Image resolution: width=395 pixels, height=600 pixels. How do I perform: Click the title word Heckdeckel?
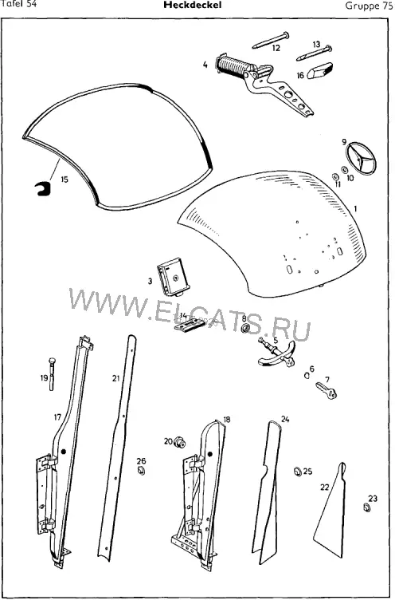coord(192,5)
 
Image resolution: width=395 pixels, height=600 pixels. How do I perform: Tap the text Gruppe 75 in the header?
coord(369,6)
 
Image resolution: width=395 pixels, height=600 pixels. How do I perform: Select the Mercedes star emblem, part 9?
coord(361,158)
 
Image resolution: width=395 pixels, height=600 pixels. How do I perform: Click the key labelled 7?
coord(327,391)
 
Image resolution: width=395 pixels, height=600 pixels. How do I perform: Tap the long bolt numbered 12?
coord(271,40)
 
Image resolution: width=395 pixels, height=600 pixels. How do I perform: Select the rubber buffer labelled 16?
coord(320,70)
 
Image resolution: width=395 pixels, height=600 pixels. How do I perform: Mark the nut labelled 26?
coord(141,470)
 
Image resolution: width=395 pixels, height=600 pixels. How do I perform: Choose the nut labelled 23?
coord(366,508)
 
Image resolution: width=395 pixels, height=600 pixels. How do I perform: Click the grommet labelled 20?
coord(179,442)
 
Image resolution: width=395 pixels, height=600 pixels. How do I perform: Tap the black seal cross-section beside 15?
coord(42,188)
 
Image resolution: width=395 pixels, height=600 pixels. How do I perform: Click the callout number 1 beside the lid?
coord(355,208)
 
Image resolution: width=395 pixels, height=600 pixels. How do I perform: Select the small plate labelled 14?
coord(190,326)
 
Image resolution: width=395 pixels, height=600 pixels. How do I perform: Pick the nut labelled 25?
coord(297,472)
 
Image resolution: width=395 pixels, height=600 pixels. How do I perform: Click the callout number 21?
coord(115,378)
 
